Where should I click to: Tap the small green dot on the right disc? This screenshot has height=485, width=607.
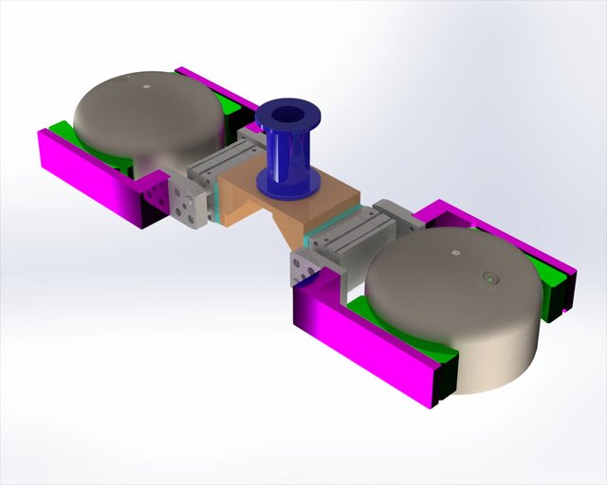click(489, 278)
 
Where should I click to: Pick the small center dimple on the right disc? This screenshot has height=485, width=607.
click(455, 253)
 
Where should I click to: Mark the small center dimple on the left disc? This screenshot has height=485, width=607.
click(146, 87)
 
